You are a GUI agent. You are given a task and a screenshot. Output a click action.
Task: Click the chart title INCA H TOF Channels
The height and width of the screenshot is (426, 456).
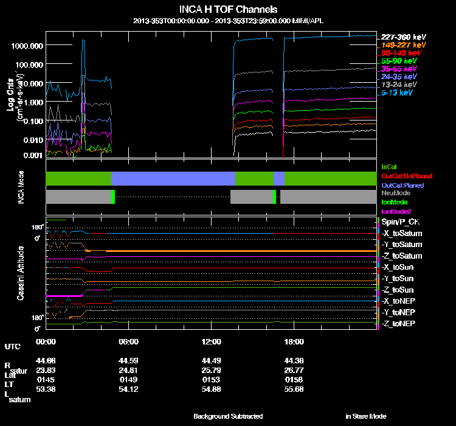(x=229, y=10)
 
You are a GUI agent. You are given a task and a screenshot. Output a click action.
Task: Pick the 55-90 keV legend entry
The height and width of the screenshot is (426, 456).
(x=399, y=61)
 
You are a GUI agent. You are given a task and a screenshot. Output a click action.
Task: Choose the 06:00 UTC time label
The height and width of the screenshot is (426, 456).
(x=128, y=341)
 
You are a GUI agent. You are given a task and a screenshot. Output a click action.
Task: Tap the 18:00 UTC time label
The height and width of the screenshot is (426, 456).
(x=294, y=341)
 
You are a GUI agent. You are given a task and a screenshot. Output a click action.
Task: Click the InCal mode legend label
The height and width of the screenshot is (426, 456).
(x=389, y=166)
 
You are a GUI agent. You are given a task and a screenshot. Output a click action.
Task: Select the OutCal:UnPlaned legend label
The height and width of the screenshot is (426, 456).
(x=407, y=175)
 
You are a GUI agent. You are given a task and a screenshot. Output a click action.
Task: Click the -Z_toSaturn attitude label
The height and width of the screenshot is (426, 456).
(x=401, y=256)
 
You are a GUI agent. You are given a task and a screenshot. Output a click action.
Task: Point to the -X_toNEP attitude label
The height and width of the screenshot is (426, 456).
(x=399, y=301)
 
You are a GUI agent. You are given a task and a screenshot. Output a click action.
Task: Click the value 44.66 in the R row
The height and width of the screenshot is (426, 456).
(x=46, y=361)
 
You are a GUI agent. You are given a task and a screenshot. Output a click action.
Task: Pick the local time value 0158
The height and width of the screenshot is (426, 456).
(x=294, y=379)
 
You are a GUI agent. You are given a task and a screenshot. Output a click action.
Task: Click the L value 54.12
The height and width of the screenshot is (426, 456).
(x=128, y=388)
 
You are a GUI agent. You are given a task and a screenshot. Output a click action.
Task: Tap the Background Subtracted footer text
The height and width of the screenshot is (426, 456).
(x=228, y=416)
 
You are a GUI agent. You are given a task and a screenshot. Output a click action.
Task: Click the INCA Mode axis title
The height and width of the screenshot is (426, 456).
(x=21, y=187)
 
